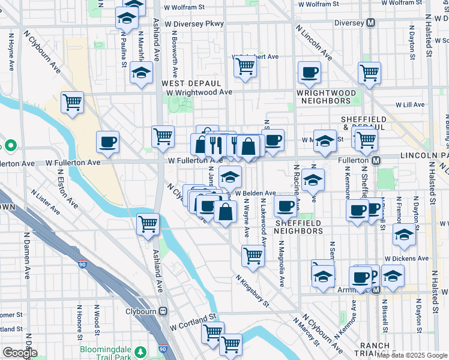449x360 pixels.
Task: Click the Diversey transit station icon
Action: [371, 23]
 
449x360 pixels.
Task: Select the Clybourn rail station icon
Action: [162, 311]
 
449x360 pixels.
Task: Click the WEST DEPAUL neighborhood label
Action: [191, 83]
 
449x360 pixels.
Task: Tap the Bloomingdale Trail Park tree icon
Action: [140, 350]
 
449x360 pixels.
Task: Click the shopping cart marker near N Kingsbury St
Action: [253, 255]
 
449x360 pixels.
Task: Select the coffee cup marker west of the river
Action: [108, 142]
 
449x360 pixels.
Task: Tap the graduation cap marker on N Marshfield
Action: [141, 73]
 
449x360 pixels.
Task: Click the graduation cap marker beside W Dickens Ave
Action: [405, 235]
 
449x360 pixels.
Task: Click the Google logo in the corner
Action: [19, 353]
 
